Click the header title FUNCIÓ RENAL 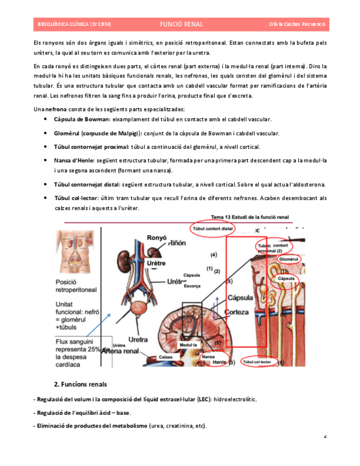pyautogui.click(x=181, y=24)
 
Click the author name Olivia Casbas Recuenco pyautogui.click(x=297, y=24)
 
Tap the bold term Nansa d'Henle pyautogui.click(x=74, y=160)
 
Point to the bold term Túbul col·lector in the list pyautogui.click(x=76, y=198)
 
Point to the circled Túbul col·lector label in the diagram pyautogui.click(x=257, y=362)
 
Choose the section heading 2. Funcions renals pyautogui.click(x=80, y=384)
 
